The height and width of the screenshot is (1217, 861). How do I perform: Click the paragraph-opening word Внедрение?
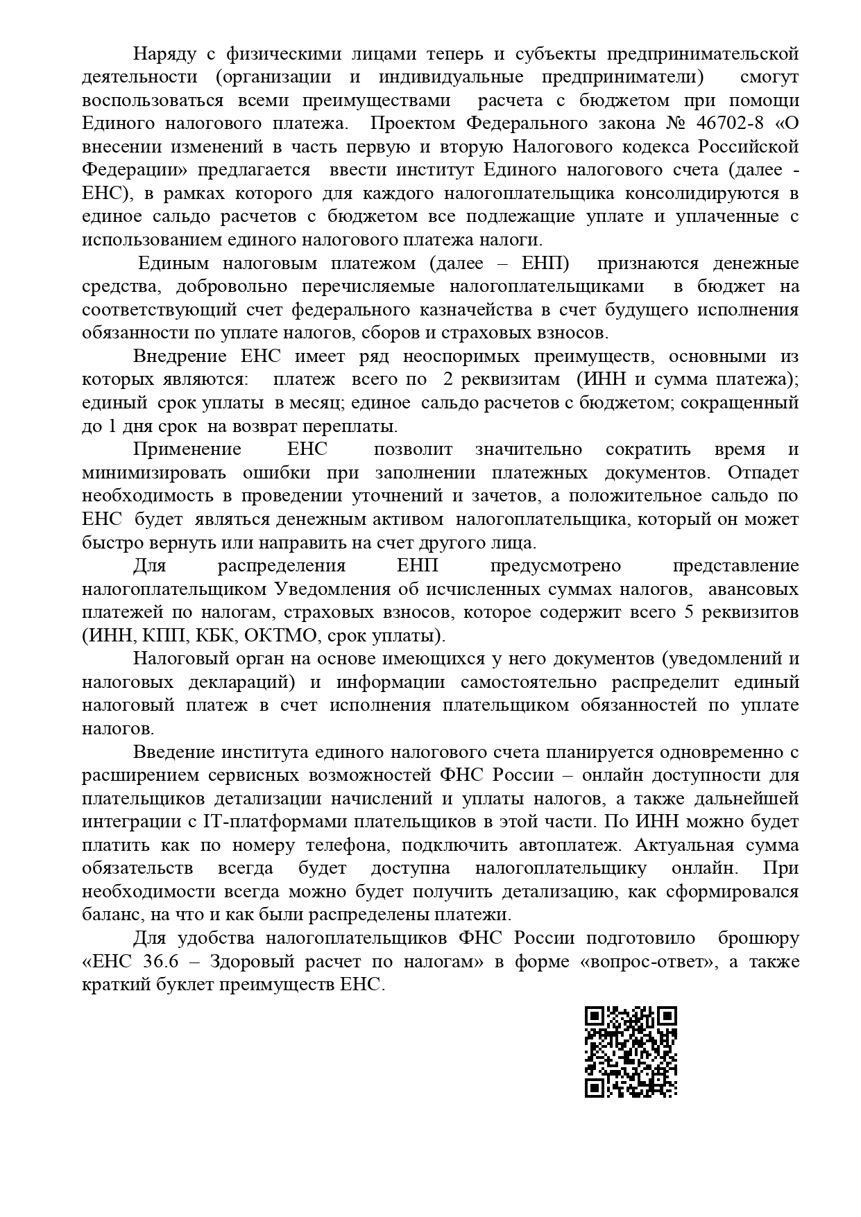180,356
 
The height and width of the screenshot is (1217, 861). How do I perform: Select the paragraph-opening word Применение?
187,449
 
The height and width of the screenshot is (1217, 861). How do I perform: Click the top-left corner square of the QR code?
593,1017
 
